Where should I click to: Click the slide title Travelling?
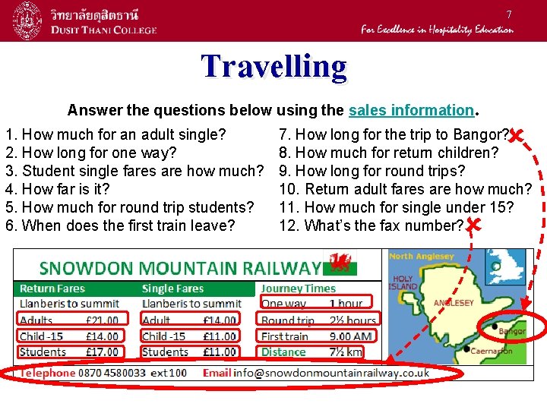click(273, 67)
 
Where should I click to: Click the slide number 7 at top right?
click(509, 14)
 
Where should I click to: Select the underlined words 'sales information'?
click(411, 110)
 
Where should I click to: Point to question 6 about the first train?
click(120, 225)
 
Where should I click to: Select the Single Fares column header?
click(172, 289)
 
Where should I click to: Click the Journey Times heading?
click(298, 289)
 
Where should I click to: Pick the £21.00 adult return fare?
click(102, 320)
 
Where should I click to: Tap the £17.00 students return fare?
click(102, 352)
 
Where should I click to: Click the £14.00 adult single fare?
click(220, 320)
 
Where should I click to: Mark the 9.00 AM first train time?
click(351, 336)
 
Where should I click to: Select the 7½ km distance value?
click(346, 352)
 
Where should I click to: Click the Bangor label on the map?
click(513, 332)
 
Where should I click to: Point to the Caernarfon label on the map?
click(492, 352)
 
